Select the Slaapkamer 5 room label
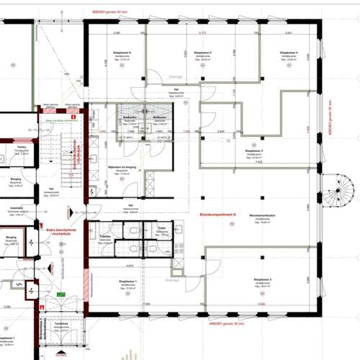click(x=202, y=53)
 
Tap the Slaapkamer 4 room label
click(x=289, y=53)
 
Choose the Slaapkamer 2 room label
click(x=261, y=279)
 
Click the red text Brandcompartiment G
click(x=214, y=214)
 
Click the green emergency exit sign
click(x=63, y=294)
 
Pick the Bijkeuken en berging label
click(x=109, y=165)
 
